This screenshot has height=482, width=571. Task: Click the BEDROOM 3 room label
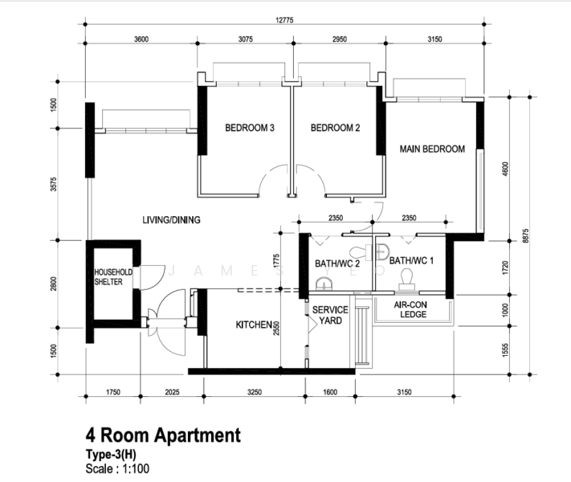[x=250, y=128]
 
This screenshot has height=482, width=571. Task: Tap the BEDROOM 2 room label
[x=335, y=128]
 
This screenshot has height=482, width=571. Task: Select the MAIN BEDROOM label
[x=432, y=149]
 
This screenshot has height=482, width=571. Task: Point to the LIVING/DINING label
[x=171, y=220]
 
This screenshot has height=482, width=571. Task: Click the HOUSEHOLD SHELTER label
[x=113, y=277]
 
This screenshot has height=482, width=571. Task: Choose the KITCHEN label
[x=254, y=325]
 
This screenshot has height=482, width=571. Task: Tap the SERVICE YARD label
[x=330, y=315]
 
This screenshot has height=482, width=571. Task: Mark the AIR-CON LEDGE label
[x=410, y=309]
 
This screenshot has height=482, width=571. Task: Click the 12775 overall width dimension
[x=284, y=20]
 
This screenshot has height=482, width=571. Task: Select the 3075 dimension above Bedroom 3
[x=246, y=39]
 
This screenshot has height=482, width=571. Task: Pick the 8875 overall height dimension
[x=525, y=235]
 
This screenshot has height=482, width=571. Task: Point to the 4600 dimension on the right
[x=505, y=169]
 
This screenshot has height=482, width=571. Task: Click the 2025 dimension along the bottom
[x=172, y=392]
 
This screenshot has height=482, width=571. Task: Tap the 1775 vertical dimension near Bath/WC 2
[x=276, y=261]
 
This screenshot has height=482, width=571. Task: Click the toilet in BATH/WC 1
[x=406, y=280]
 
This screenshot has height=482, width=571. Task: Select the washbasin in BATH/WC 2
[x=324, y=284]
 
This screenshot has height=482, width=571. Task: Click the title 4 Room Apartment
[x=163, y=435]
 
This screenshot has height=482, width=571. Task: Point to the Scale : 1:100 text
[x=117, y=468]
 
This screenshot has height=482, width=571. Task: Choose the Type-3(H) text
[x=111, y=455]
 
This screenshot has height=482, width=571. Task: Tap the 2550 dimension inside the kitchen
[x=276, y=329]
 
